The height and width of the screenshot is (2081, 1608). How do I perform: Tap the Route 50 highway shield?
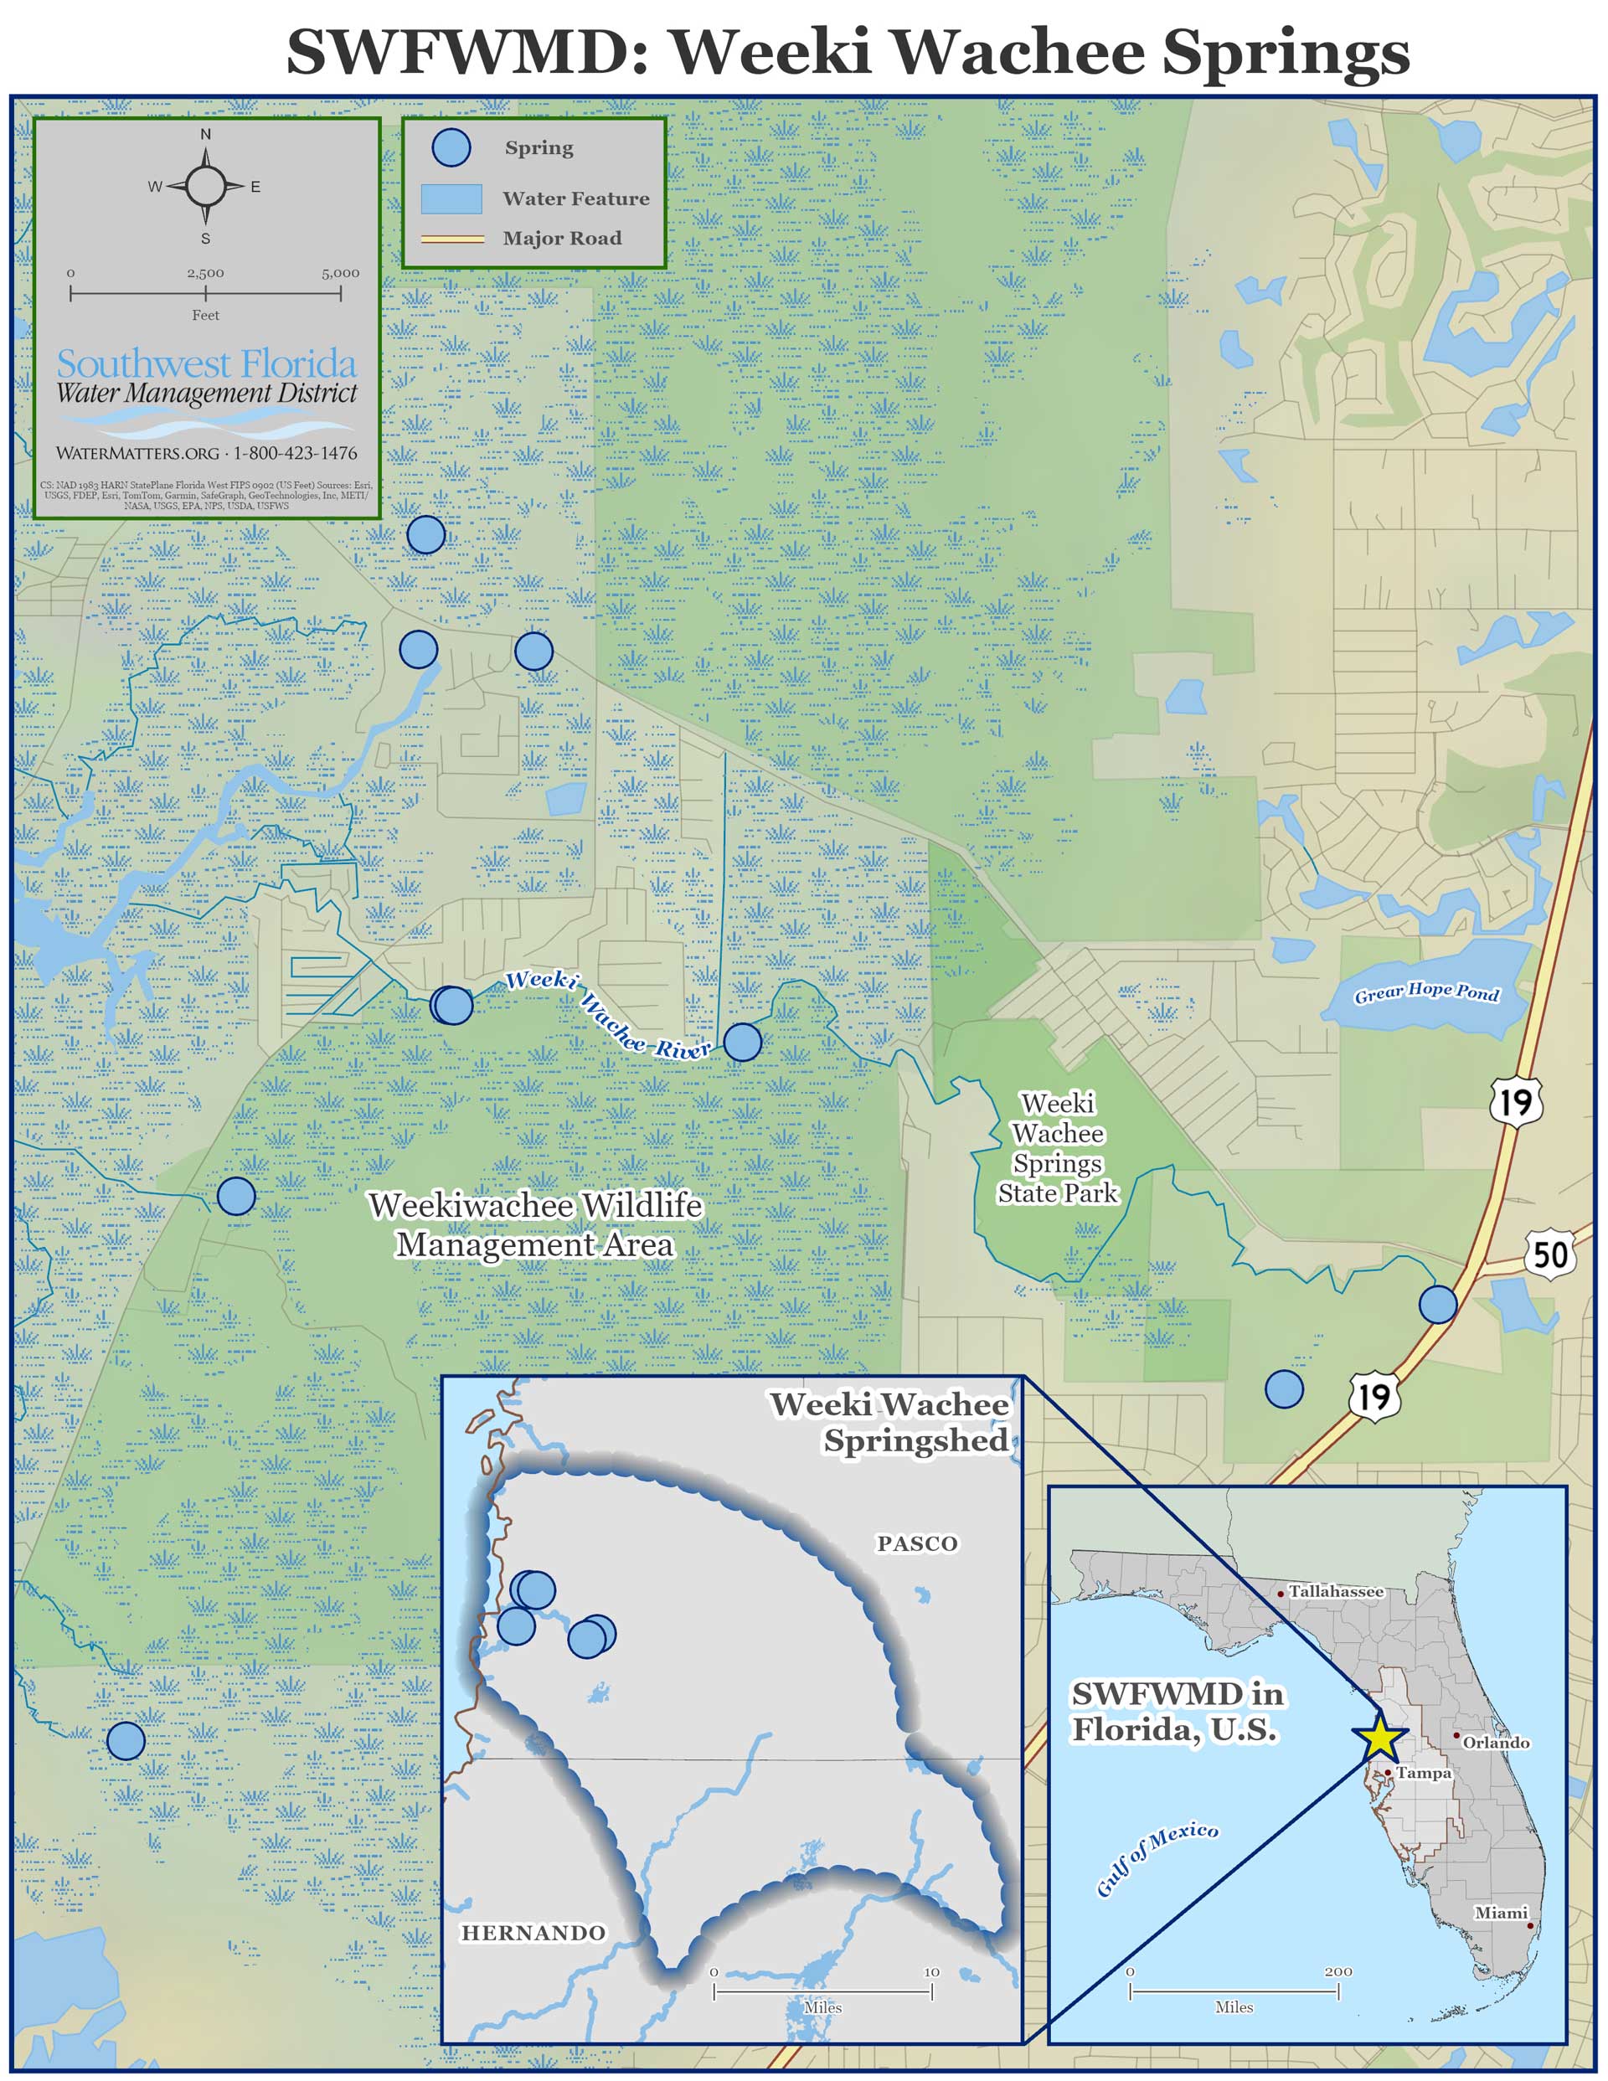[1550, 1254]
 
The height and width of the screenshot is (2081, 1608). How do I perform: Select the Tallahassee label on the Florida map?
[1334, 1591]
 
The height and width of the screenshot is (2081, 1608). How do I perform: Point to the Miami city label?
[1500, 1913]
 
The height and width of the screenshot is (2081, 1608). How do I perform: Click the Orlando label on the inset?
[1496, 1742]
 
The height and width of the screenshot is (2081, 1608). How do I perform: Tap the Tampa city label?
[1423, 1772]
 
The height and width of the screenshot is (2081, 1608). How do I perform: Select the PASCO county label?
[917, 1543]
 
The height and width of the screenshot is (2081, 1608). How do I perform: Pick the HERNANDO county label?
[533, 1933]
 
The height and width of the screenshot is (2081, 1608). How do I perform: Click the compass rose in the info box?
[205, 186]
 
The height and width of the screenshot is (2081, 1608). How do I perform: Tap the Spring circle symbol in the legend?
[451, 147]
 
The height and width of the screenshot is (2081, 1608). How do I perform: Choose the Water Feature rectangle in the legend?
[451, 198]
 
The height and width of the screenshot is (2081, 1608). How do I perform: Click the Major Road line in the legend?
[451, 238]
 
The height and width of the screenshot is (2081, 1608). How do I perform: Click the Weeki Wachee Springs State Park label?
[1057, 1148]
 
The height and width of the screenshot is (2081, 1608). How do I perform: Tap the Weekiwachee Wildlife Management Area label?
[534, 1224]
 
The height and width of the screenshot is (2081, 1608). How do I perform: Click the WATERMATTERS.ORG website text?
[137, 454]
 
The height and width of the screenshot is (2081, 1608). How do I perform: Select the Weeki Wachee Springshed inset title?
[889, 1422]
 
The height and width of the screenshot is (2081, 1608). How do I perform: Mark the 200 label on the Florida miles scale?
[1337, 1970]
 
